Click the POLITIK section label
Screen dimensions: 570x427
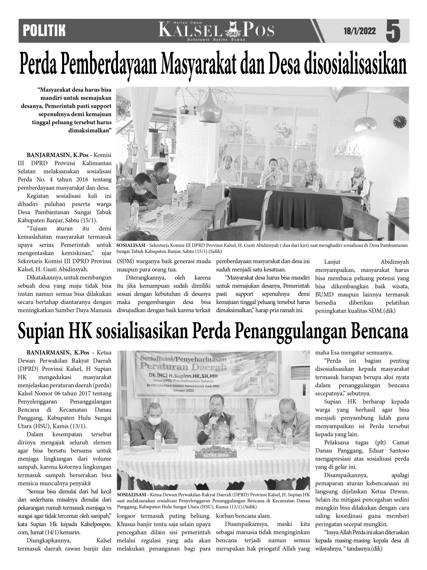pyautogui.click(x=44, y=31)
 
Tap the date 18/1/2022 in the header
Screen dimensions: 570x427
pyautogui.click(x=360, y=31)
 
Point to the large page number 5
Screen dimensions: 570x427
pyautogui.click(x=393, y=31)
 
